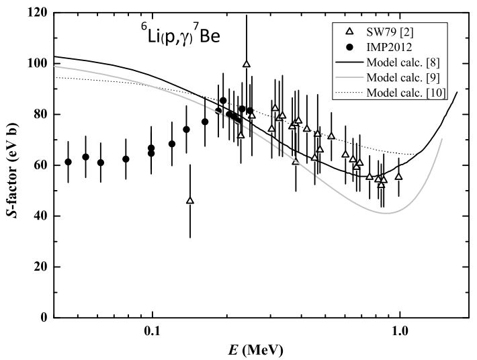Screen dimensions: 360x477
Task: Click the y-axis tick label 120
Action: (x=37, y=12)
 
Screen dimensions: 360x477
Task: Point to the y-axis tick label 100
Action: (x=37, y=63)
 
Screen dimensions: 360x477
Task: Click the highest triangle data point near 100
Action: (x=247, y=64)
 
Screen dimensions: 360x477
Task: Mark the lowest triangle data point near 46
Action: (x=190, y=201)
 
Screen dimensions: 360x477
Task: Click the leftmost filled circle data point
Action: (x=68, y=162)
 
